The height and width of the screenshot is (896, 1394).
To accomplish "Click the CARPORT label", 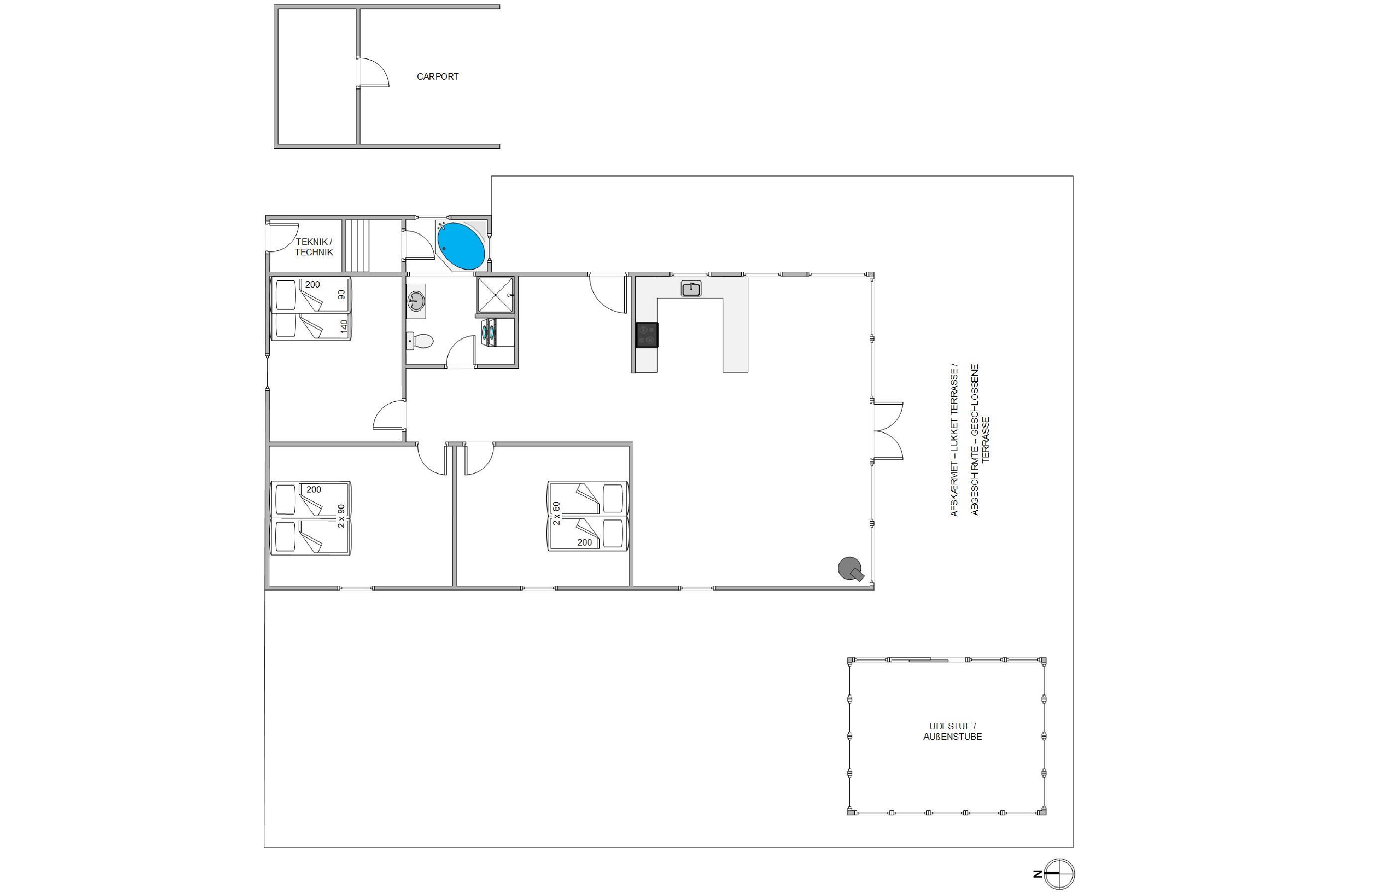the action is (438, 76).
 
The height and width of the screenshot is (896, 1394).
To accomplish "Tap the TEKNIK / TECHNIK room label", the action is (314, 247).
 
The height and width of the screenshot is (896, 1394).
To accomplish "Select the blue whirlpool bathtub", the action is (461, 245).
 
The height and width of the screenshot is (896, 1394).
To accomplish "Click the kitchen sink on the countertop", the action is (691, 289).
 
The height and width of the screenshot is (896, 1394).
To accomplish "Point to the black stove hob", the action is (647, 335).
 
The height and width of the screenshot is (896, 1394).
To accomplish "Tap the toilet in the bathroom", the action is (420, 341).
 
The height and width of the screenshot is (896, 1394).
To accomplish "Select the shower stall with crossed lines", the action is (495, 296).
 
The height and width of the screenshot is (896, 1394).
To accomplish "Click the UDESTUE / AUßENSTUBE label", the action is (952, 731).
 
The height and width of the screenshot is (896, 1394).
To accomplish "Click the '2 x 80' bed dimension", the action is (557, 513).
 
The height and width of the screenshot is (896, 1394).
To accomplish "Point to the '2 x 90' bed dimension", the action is (341, 516).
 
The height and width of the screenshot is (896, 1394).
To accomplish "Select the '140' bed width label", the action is (344, 326).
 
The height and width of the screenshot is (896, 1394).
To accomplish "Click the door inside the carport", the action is (372, 73).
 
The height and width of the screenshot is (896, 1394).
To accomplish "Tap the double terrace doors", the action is (887, 431).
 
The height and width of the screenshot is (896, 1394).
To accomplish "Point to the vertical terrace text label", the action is (969, 441).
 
